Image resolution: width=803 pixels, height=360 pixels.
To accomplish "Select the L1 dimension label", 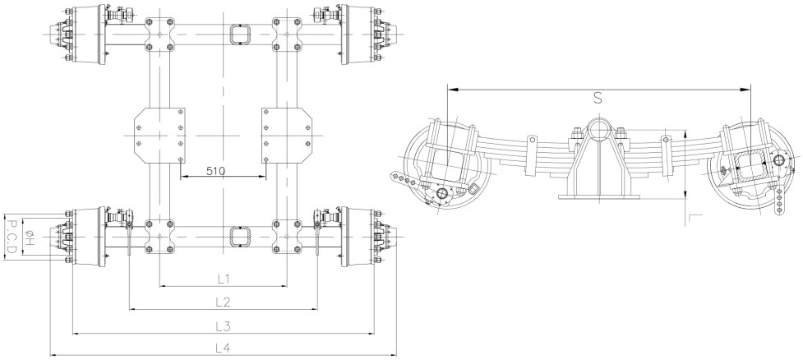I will coord(222,278).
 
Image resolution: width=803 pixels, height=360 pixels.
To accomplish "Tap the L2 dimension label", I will coord(222,301).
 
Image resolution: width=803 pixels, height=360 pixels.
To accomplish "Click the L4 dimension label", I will coord(222,348).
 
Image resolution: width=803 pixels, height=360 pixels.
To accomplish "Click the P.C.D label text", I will coord(11,238).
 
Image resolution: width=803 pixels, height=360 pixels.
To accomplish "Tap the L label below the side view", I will coord(695,218).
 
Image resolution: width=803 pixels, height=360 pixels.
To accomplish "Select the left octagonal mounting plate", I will coord(160,133).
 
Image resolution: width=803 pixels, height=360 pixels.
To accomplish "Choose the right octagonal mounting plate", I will coord(286,133).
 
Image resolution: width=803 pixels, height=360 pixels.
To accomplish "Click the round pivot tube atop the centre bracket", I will coord(598,129).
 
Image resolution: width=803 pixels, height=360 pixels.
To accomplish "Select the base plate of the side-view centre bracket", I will coord(598,196).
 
